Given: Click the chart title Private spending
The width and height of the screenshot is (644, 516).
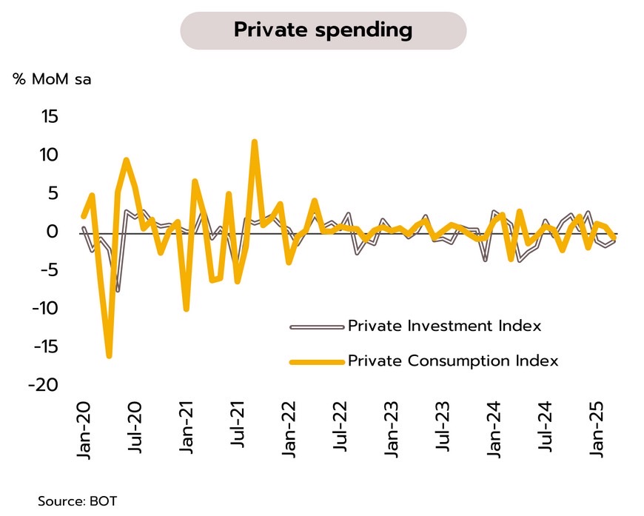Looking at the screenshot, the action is (x=323, y=30).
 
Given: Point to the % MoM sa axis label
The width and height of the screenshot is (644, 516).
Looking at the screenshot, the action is (x=52, y=79).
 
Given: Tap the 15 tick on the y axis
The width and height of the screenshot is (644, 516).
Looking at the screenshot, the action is (x=50, y=117).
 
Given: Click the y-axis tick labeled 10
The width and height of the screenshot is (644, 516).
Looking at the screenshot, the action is (x=49, y=155).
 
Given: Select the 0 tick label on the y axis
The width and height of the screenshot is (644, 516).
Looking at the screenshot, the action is (x=53, y=232).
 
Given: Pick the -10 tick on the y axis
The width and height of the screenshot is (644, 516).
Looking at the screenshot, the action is (x=45, y=308).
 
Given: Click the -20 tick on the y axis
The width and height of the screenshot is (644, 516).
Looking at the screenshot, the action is (x=43, y=385).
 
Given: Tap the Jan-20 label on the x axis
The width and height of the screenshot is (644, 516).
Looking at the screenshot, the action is (x=84, y=431).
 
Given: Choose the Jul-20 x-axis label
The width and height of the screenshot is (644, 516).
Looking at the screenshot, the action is (x=135, y=428).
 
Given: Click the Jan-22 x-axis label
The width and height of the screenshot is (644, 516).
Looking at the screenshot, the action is (x=289, y=431).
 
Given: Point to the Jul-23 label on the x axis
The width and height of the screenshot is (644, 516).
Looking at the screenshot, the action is (x=443, y=428).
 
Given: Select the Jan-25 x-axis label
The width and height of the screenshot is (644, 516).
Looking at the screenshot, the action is (x=597, y=431).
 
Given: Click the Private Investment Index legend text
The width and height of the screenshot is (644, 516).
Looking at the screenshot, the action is (x=444, y=326).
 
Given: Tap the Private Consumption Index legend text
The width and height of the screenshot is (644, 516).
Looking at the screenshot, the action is (x=453, y=361).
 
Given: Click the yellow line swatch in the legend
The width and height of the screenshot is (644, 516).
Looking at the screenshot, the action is (x=317, y=362).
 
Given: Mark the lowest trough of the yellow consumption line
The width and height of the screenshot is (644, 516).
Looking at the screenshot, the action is (x=109, y=356).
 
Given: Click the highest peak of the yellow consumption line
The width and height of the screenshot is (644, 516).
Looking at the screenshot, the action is (x=255, y=142).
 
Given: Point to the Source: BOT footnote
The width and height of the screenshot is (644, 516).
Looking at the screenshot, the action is (x=77, y=501).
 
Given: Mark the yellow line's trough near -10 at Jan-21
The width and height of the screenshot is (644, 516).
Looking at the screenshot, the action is (x=186, y=308).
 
